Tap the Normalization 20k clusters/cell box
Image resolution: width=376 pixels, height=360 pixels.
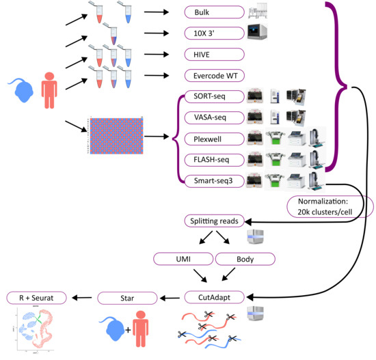(x=331, y=207)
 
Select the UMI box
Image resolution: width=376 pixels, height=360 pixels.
(x=182, y=259)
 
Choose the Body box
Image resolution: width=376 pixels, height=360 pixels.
(x=245, y=259)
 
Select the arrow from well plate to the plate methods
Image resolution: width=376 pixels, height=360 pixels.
(x=161, y=137)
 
